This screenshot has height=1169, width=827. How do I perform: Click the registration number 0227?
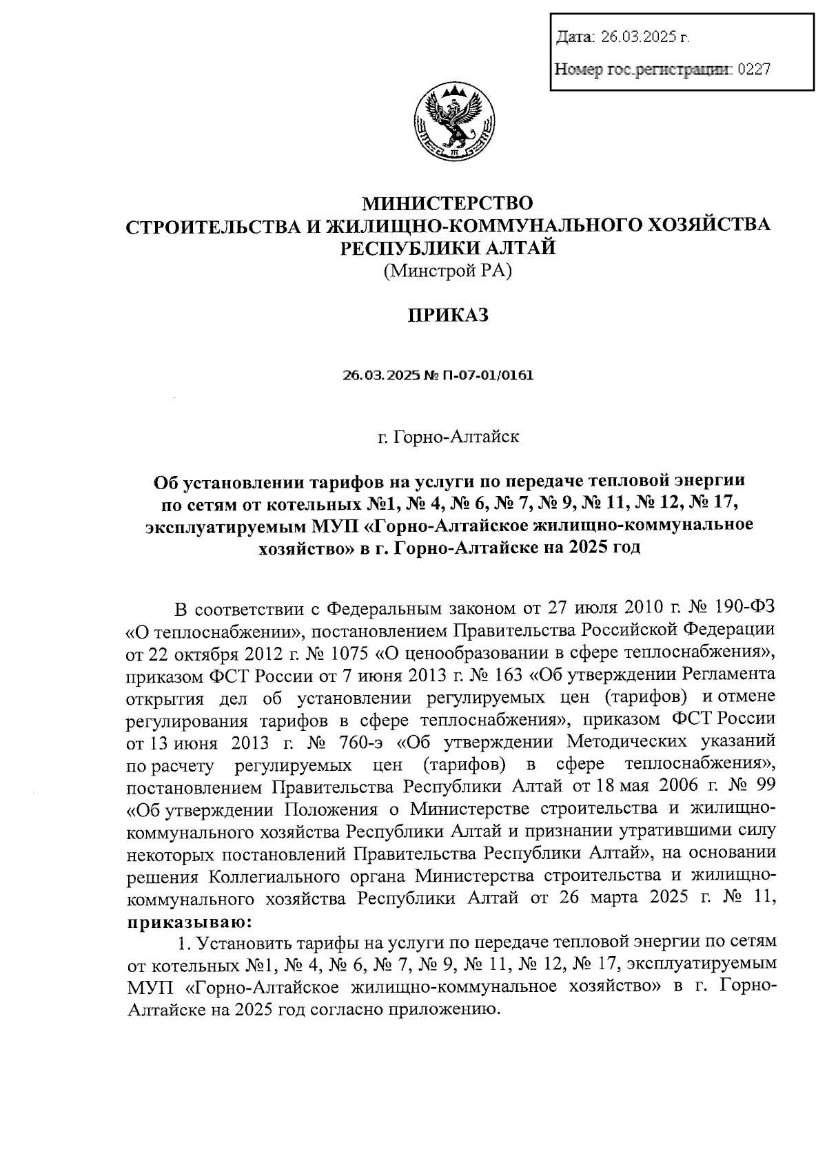753,69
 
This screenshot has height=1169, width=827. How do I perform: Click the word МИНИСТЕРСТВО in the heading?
449,203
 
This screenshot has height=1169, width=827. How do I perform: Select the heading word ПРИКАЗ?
449,315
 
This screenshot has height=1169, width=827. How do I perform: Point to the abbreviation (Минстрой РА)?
449,271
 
